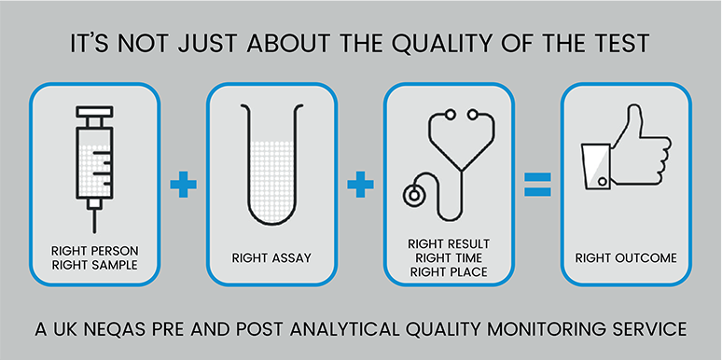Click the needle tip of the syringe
coord(95,232)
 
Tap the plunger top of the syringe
coord(95,111)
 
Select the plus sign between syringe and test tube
coord(183,184)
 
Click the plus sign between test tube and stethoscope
coord(361,184)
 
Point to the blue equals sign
coord(537,184)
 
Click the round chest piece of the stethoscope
coord(413,195)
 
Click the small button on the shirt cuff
coord(603,182)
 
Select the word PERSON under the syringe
coord(115,252)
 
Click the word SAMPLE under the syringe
coord(115,265)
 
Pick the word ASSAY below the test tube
coord(291,257)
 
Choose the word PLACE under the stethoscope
coord(467,272)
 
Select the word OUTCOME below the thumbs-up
coord(647,257)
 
